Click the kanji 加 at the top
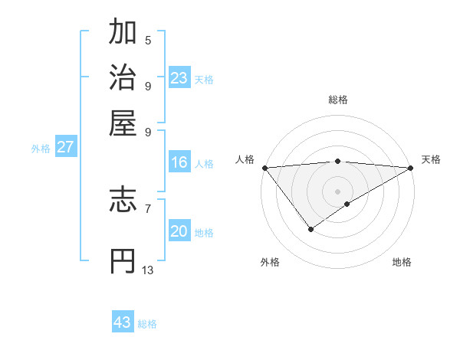pyautogui.click(x=123, y=33)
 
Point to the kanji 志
pyautogui.click(x=123, y=201)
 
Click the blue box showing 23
pyautogui.click(x=179, y=77)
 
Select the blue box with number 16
pyautogui.click(x=179, y=162)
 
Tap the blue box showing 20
pyautogui.click(x=179, y=231)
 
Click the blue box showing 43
pyautogui.click(x=123, y=322)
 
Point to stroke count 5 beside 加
pyautogui.click(x=148, y=41)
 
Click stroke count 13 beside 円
pyautogui.click(x=148, y=270)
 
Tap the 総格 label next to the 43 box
pyautogui.click(x=147, y=324)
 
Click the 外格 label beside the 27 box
pyautogui.click(x=41, y=149)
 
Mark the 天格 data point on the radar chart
pyautogui.click(x=411, y=168)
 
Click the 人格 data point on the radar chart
pyautogui.click(x=264, y=168)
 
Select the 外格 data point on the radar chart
pyautogui.click(x=310, y=228)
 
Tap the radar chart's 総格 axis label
pyautogui.click(x=338, y=100)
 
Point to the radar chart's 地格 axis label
pyautogui.click(x=402, y=262)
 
